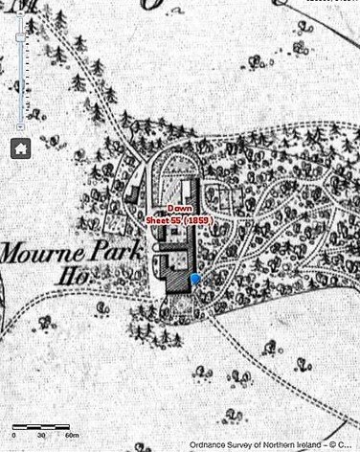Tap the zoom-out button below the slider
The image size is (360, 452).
(21, 125)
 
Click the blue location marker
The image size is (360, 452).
(195, 279)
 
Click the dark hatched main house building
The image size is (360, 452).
(177, 278)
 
